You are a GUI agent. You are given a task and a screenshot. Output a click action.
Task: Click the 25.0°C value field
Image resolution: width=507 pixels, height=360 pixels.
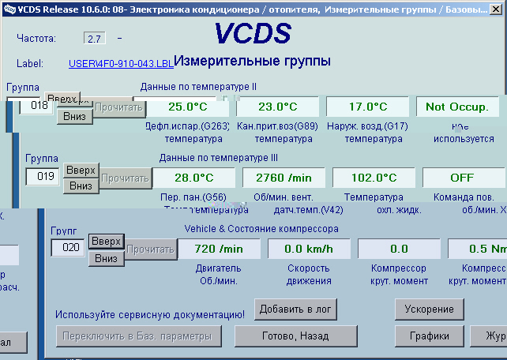point(186,107)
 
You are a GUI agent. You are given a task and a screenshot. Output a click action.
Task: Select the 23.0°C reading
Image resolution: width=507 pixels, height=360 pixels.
point(276,107)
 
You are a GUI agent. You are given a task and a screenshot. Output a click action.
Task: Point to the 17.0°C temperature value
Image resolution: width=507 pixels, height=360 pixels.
point(367,107)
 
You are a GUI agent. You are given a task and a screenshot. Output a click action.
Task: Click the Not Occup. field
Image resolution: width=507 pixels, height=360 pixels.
point(457,107)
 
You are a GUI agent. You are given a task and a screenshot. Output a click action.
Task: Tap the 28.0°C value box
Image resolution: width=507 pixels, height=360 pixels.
point(194,178)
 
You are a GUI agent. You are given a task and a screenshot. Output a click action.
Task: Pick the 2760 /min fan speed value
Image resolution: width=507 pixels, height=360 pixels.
point(284,178)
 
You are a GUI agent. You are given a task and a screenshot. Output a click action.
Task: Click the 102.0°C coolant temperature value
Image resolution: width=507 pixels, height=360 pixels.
point(374,178)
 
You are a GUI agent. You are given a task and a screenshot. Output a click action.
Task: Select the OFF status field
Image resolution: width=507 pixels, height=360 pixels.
point(462,178)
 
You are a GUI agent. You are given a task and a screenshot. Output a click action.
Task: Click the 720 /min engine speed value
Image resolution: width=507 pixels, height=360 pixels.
point(219,249)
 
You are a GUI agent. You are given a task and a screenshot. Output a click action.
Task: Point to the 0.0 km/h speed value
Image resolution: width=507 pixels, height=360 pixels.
point(308,249)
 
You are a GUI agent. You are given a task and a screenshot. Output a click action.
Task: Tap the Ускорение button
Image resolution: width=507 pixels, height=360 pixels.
point(429,309)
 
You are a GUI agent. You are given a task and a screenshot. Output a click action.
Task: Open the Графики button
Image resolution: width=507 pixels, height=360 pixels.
point(429,336)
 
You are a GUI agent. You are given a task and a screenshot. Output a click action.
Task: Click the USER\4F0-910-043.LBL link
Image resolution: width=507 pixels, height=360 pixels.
point(120,63)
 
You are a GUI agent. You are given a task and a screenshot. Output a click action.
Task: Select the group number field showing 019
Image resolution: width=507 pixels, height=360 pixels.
point(43,177)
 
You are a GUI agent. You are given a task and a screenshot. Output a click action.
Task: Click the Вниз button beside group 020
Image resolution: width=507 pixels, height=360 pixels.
point(106,257)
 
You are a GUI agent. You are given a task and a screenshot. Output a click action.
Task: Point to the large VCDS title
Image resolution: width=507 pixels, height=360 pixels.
point(253,34)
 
